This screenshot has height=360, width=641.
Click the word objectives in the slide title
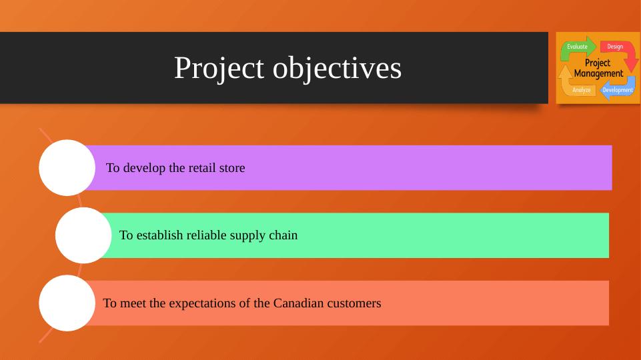click(x=338, y=67)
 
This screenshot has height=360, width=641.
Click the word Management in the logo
click(x=598, y=73)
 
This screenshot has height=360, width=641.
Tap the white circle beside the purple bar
click(x=67, y=167)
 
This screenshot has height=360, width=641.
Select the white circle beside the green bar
click(x=83, y=235)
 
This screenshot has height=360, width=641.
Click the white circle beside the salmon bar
click(x=67, y=303)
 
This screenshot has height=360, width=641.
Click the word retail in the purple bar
click(x=202, y=167)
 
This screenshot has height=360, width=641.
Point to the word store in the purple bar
click(x=232, y=168)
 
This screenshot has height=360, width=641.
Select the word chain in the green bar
click(x=283, y=235)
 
